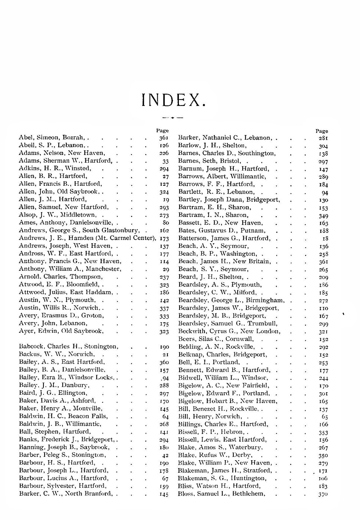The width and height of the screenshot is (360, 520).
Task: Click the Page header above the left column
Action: pos(163,131)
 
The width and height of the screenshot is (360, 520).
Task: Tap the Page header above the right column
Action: pos(322,131)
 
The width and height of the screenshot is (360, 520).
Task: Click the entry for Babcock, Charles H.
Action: pos(69,347)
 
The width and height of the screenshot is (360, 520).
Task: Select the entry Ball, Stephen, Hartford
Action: pos(55,432)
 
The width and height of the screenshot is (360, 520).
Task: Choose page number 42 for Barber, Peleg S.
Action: pos(166,455)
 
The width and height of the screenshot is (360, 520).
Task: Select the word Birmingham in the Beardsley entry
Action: pos(266,300)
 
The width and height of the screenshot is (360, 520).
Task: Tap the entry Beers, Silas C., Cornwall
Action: pos(216,339)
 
